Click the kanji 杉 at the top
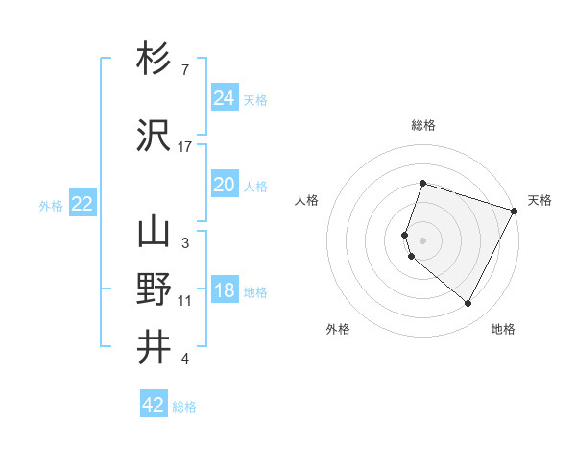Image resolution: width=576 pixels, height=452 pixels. coord(155,60)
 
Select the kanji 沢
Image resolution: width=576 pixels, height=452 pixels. coord(155,135)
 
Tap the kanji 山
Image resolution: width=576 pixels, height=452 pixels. coord(155,232)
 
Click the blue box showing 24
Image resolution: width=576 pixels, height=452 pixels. coord(224,97)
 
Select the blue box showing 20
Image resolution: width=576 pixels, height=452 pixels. coord(224,185)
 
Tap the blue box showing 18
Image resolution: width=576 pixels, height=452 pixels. coord(224,290)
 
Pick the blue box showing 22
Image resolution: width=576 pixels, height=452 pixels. coord(82,204)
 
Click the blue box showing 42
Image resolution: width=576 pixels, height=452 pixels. coord(154,405)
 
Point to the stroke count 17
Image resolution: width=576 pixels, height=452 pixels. coord(185,146)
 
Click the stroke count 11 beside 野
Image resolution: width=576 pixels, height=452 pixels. coord(185,301)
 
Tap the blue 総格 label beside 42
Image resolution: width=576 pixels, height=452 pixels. coord(184,407)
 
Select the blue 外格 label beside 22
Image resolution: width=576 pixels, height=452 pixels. coord(51,205)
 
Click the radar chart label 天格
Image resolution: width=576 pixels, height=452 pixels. coord(540,200)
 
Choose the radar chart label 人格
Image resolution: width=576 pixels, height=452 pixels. coord(307,200)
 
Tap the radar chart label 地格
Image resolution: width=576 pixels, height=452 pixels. coord(503,329)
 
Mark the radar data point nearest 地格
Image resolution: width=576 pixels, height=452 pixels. coord(468,304)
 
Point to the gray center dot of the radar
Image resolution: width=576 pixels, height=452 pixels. coord(423,239)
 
